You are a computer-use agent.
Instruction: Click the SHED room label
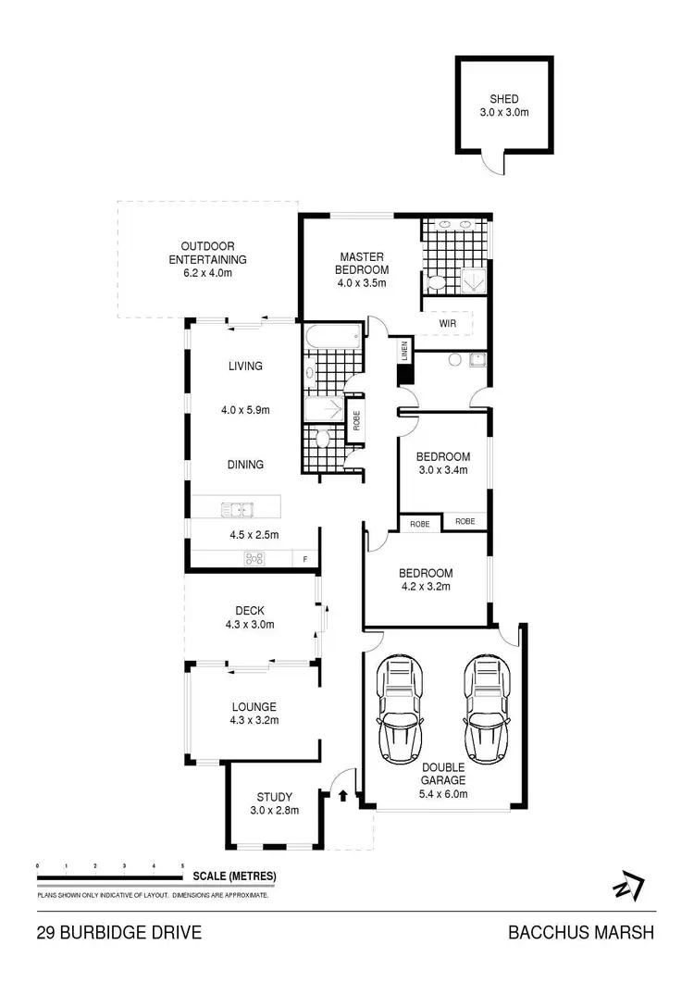click(x=504, y=99)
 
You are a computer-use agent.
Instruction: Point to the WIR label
click(x=448, y=324)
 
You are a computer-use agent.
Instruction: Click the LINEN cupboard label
click(x=403, y=352)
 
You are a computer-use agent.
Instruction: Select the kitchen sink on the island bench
click(x=238, y=508)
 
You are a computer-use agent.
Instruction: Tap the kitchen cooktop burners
click(x=254, y=558)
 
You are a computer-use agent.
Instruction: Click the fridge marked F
click(x=304, y=559)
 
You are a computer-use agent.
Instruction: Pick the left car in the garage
click(x=400, y=710)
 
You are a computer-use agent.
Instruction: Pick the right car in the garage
click(x=485, y=710)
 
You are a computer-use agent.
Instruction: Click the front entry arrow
click(x=343, y=793)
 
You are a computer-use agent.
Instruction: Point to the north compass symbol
click(x=626, y=886)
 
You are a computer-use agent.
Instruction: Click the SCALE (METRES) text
click(x=234, y=876)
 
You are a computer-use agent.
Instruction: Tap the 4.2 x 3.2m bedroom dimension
click(x=426, y=587)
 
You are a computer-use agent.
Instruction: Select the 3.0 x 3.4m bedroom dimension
click(x=442, y=470)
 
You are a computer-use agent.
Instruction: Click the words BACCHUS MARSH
click(x=581, y=933)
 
